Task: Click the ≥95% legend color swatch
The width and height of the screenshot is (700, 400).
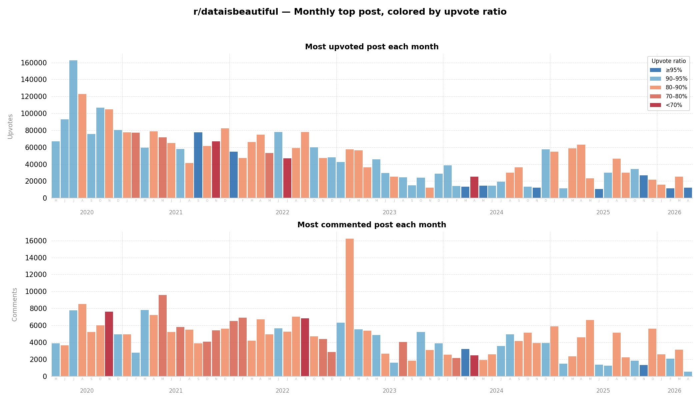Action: pos(655,70)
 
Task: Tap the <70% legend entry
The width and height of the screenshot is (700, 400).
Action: pos(674,105)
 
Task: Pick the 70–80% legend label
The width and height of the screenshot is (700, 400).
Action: pos(676,96)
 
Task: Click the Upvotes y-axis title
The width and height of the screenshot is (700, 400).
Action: pos(10,126)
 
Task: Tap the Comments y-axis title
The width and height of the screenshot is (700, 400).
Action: pos(15,304)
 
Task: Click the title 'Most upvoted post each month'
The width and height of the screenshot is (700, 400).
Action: pos(372,47)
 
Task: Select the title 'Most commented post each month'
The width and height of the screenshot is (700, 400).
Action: pos(372,225)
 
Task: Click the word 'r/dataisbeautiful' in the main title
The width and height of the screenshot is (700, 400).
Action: pos(235,12)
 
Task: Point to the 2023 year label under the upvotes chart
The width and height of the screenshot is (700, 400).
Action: pos(389,213)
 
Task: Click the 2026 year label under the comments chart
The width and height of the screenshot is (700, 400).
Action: pos(674,391)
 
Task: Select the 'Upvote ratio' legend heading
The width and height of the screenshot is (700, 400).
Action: pos(669,61)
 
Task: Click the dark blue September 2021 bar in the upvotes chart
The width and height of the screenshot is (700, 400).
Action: pos(198,165)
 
